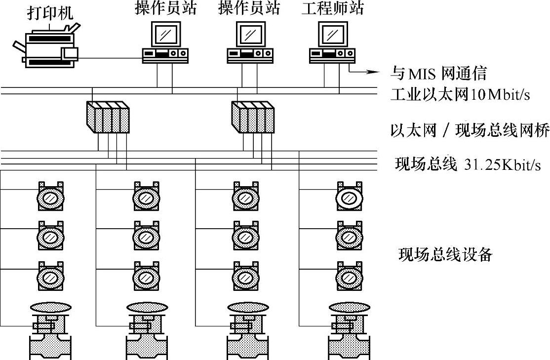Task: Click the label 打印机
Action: [50, 12]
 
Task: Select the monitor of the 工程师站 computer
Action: [332, 34]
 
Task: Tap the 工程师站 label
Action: [332, 8]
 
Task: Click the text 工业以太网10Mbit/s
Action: [460, 94]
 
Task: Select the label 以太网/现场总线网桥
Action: [469, 130]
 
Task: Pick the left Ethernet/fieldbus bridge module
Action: [107, 117]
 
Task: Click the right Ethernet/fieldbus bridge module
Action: [252, 117]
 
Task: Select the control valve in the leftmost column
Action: [51, 331]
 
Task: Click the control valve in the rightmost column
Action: [349, 331]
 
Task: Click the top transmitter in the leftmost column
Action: [51, 197]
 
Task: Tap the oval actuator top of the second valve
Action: [147, 307]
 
